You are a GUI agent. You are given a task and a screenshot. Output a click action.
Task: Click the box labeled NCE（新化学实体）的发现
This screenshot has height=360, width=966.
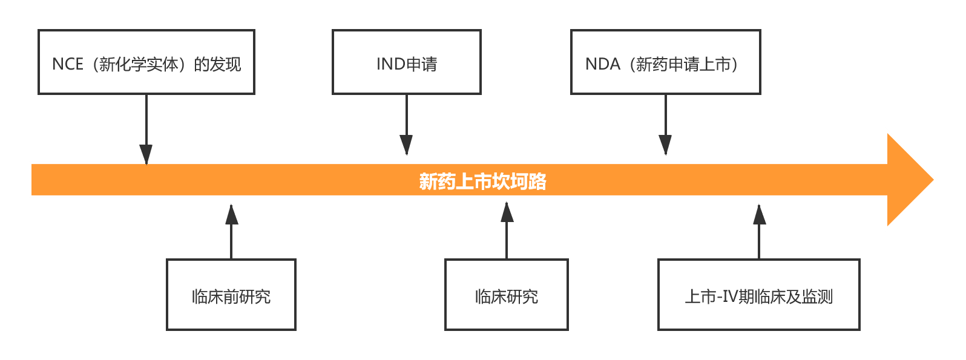[x=146, y=62]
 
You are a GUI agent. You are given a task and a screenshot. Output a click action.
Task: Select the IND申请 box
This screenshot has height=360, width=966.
[x=406, y=62]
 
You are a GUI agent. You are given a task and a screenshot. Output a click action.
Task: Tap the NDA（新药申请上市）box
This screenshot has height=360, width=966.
[x=665, y=62]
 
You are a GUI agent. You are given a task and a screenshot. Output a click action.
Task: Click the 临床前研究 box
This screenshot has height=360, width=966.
[x=231, y=295]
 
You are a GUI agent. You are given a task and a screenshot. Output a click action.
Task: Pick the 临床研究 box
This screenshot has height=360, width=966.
[x=506, y=295]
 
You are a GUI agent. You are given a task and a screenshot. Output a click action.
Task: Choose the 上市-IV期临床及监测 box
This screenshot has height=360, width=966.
[x=758, y=295]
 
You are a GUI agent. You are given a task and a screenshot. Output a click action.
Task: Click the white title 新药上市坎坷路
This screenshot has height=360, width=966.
[x=482, y=181]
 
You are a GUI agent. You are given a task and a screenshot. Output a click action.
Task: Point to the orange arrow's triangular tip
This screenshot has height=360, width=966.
[x=933, y=180]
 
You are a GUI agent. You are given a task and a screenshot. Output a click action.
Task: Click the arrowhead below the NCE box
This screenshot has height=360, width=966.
[x=146, y=154]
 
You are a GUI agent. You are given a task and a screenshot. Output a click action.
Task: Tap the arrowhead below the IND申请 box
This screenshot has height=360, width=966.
[x=406, y=145]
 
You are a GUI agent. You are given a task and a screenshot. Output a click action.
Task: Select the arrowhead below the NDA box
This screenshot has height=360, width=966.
[x=665, y=145]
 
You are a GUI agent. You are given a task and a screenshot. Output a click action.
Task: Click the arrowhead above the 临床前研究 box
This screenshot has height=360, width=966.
[x=232, y=214]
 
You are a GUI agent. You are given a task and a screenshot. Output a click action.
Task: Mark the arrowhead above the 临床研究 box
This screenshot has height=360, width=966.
[x=507, y=212]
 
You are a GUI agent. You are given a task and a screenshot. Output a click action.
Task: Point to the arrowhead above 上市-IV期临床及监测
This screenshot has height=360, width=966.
[x=759, y=214]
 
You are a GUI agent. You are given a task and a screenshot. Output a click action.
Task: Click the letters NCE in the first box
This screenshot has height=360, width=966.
[x=67, y=64]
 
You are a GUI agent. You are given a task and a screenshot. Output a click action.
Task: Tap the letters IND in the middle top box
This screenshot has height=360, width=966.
[x=391, y=64]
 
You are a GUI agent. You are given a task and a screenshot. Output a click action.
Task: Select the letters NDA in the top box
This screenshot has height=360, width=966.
[x=602, y=64]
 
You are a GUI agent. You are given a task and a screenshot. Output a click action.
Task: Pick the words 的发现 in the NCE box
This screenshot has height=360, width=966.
[x=217, y=64]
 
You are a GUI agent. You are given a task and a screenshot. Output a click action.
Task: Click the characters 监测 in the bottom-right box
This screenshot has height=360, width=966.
[x=816, y=297]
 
